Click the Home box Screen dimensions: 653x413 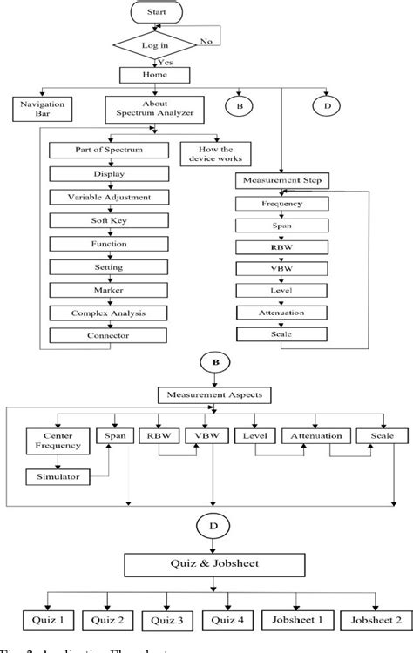[x=154, y=76]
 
